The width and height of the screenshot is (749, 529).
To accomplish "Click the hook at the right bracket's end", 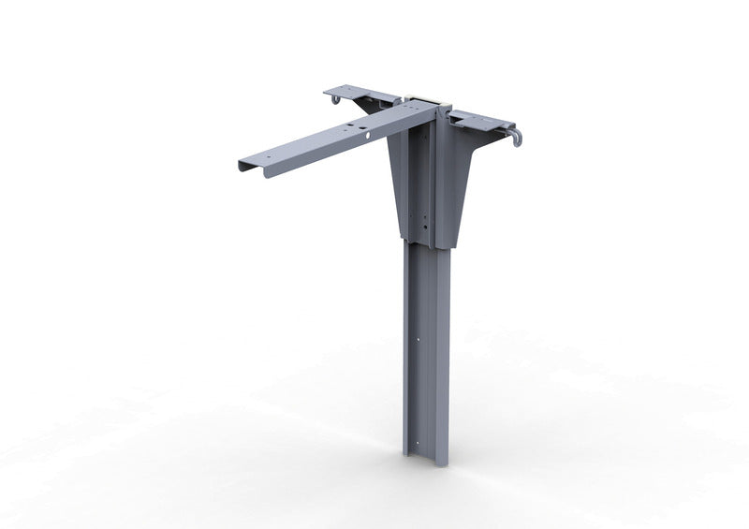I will [x=516, y=139].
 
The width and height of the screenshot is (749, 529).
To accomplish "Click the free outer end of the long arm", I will [x=249, y=166].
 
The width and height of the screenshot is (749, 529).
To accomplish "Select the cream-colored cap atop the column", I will [x=426, y=97].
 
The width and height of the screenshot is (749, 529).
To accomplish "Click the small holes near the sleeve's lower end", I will [x=422, y=225].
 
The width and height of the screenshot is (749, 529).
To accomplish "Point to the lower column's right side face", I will [x=441, y=346].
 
